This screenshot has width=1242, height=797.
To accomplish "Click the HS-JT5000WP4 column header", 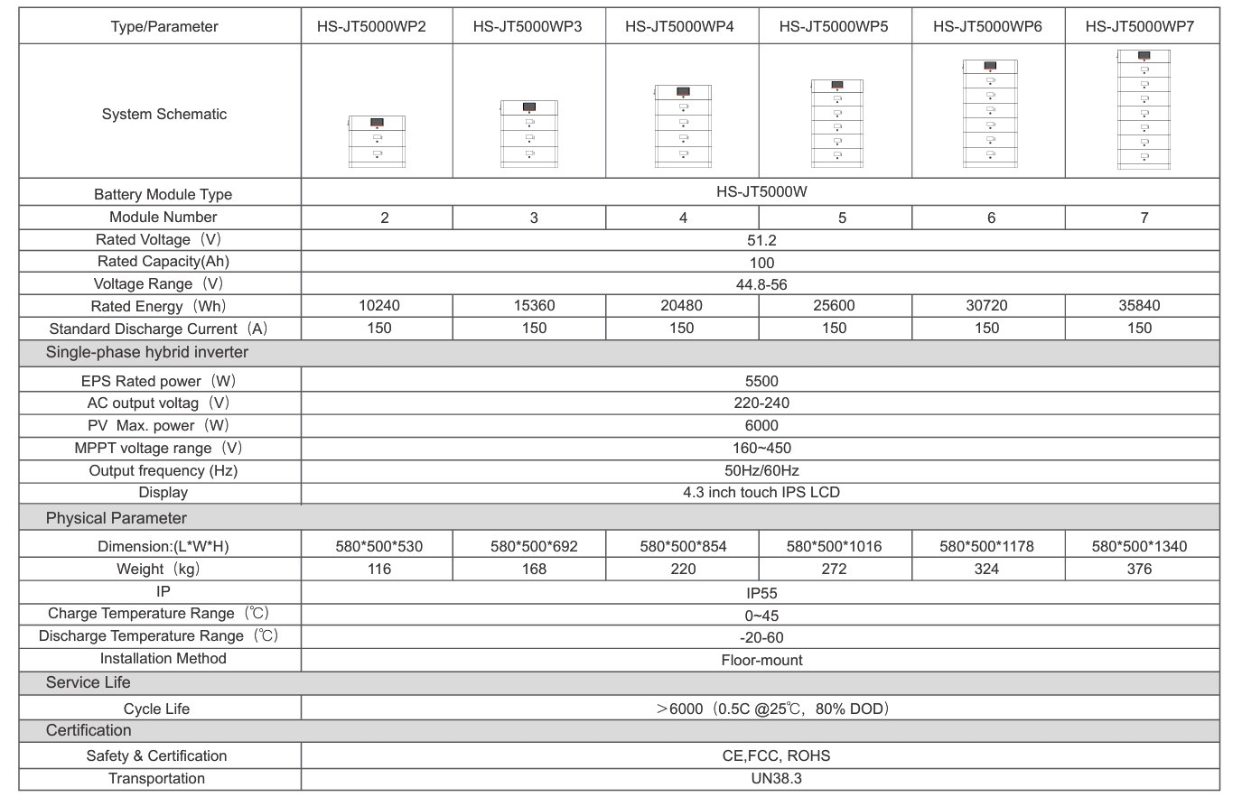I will coord(679,27).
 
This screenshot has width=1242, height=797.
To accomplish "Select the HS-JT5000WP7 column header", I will coord(1140,27).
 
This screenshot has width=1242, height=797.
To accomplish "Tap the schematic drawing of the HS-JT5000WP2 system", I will coord(377,141).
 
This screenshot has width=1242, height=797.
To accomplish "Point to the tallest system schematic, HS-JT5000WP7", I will coord(1144,109).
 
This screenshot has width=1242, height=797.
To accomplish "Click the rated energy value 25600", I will coord(834,306).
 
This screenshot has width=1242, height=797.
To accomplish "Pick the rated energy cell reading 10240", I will coord(379,306).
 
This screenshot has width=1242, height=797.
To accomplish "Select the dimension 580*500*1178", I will coord(986,546).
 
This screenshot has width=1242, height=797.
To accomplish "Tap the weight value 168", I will coord(534,569).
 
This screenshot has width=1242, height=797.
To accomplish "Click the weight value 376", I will coord(1140,569).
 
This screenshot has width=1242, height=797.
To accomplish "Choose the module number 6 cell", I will coord(991,218).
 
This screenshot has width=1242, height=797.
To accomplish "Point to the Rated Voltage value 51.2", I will coord(761,240).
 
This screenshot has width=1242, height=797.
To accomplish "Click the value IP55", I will coord(761,593).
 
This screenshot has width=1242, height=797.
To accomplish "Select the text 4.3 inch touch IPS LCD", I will coord(761,492).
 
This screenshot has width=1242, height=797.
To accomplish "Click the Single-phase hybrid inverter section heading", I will coord(147,352).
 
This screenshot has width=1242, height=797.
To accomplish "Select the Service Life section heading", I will coord(88,682).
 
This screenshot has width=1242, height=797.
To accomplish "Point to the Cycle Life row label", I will coord(157,709).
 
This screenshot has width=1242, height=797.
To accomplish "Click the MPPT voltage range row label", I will coord(158,448).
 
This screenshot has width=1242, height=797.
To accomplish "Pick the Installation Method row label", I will coord(163,659).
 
